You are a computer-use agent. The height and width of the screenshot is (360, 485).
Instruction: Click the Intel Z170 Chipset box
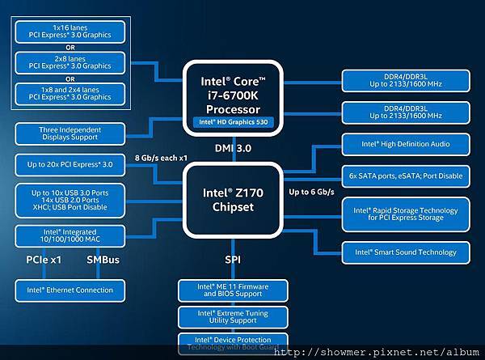point(233,199)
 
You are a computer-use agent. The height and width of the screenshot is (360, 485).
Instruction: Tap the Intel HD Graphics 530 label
point(233,122)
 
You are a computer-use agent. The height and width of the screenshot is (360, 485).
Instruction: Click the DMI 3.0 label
point(233,148)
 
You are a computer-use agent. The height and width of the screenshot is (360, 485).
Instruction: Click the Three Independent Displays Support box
point(70,133)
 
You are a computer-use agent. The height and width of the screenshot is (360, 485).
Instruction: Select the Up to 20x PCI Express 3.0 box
point(70,164)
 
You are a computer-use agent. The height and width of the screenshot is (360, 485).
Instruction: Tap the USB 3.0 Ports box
point(70,199)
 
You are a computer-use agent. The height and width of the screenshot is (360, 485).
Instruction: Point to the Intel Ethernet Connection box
point(70,290)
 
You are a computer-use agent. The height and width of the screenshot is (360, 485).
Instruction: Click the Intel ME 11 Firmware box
point(233,290)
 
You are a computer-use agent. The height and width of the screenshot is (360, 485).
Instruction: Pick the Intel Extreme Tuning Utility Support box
point(233,316)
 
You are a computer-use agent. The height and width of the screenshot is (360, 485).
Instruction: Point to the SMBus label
point(103,260)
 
